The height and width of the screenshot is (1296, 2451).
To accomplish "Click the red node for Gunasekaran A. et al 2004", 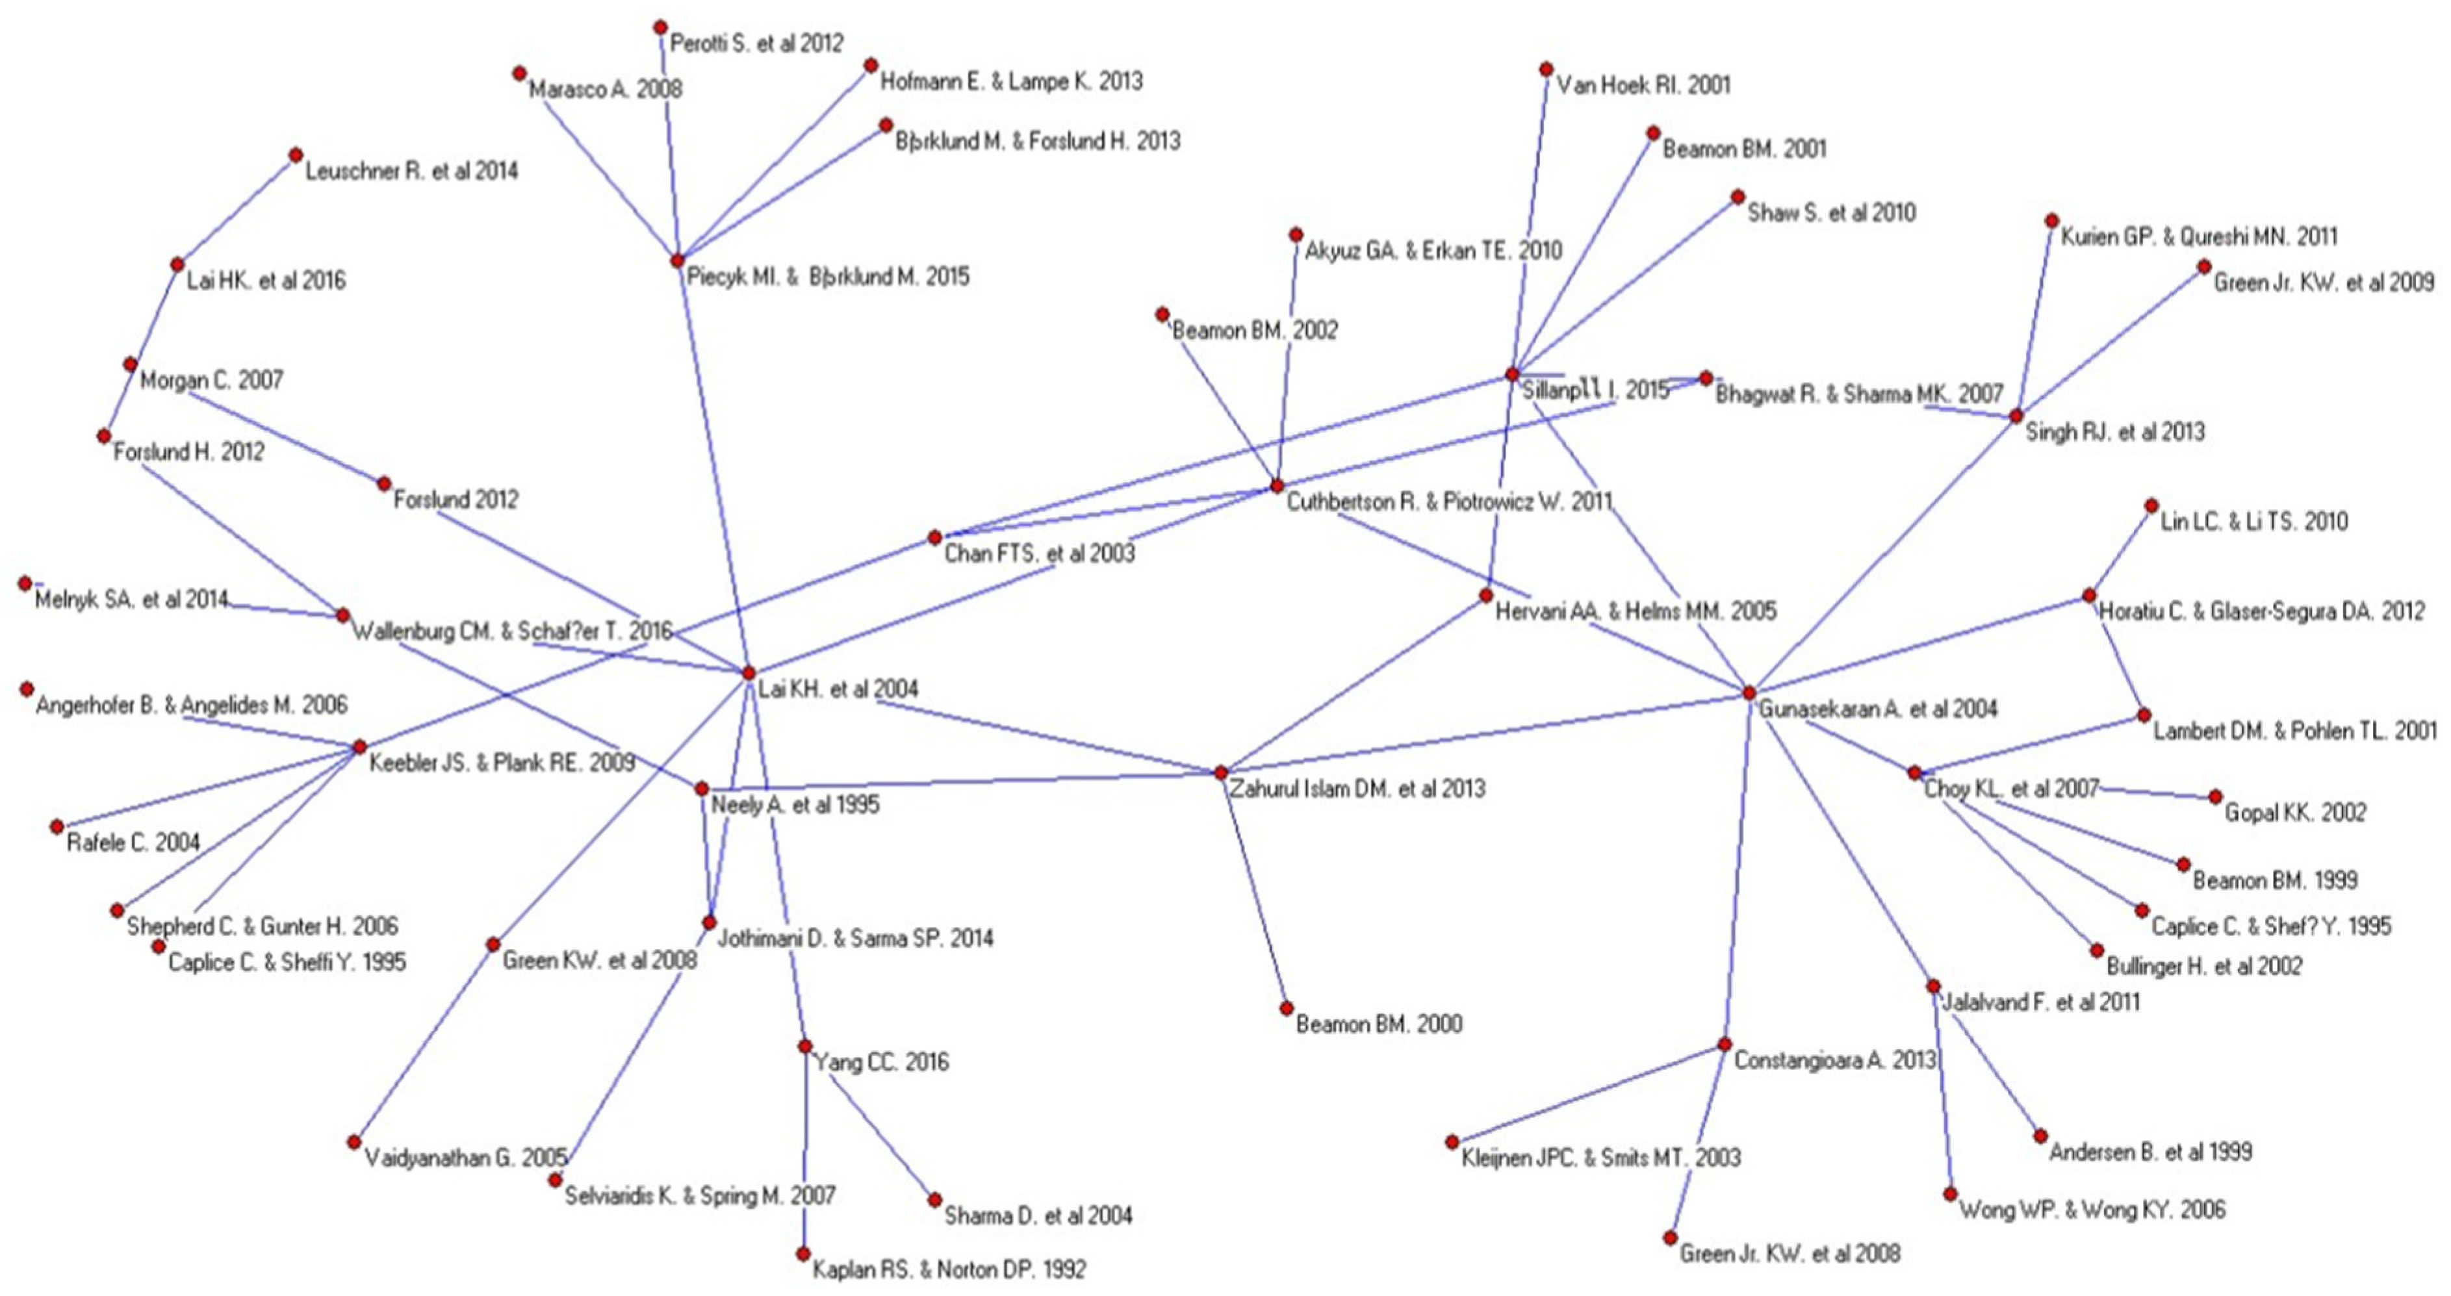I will (x=1749, y=692).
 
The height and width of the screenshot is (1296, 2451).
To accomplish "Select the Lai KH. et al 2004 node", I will (x=749, y=673).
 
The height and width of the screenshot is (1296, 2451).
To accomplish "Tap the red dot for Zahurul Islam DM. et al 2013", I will (x=1221, y=772).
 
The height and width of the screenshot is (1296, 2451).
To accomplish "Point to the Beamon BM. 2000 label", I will (x=1379, y=1024).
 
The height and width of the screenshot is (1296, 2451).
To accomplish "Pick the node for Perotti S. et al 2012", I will (x=660, y=27).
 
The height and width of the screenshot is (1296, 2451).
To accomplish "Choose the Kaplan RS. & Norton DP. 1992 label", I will (x=949, y=1269).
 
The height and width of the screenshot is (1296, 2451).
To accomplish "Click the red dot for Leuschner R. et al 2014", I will (x=296, y=154).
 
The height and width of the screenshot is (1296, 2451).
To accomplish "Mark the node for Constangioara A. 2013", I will (x=1724, y=1044).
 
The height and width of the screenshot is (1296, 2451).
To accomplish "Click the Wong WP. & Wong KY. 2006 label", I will (x=2092, y=1210).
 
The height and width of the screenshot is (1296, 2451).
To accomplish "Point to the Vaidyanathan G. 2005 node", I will (x=354, y=1142).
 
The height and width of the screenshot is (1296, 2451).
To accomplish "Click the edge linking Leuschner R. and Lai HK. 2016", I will (x=236, y=209).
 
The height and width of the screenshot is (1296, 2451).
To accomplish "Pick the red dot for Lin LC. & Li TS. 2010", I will (x=2151, y=506).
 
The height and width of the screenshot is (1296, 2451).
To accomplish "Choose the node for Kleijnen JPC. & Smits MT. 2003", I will (x=1452, y=1142).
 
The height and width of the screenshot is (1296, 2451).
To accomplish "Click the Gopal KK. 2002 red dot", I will (x=2215, y=796).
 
